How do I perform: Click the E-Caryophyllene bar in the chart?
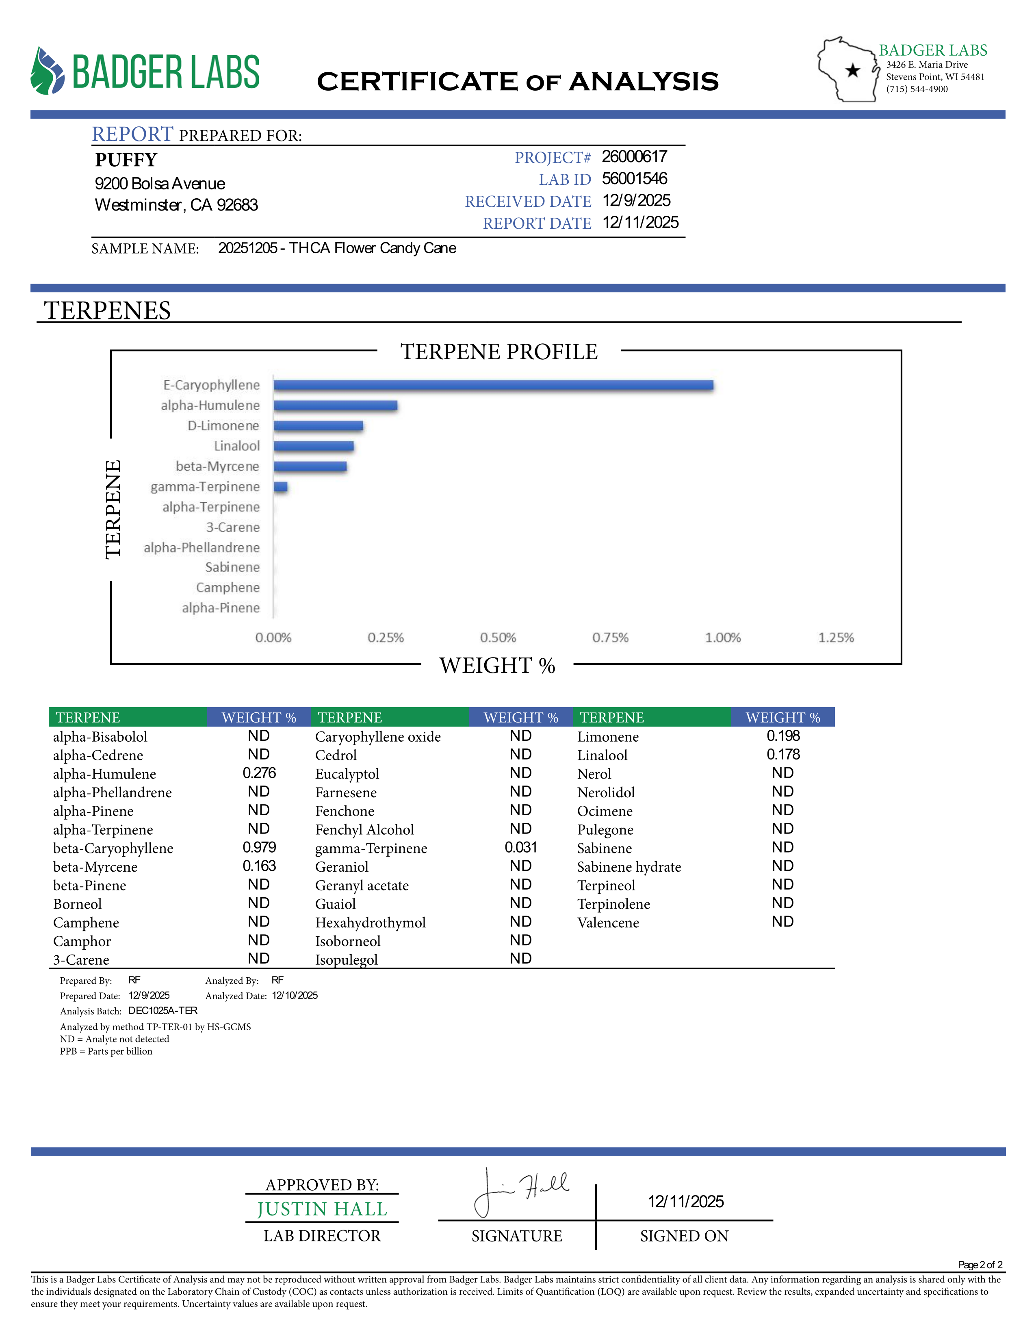(x=494, y=385)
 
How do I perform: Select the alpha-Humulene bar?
(x=335, y=405)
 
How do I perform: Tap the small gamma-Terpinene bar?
(x=280, y=487)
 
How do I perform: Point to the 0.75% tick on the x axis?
(x=610, y=638)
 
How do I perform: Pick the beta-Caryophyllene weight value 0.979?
(x=259, y=847)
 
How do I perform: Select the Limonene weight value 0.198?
(x=783, y=736)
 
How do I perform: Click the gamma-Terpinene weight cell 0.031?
(x=520, y=847)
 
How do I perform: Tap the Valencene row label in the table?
(x=608, y=922)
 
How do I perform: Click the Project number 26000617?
(x=634, y=156)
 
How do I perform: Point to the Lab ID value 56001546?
(x=634, y=179)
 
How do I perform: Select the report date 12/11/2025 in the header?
(x=640, y=222)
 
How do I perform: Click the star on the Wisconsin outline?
(x=852, y=71)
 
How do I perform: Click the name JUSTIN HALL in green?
(x=322, y=1209)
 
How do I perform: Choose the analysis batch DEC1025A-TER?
(x=163, y=1011)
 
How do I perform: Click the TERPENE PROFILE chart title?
(x=499, y=352)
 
